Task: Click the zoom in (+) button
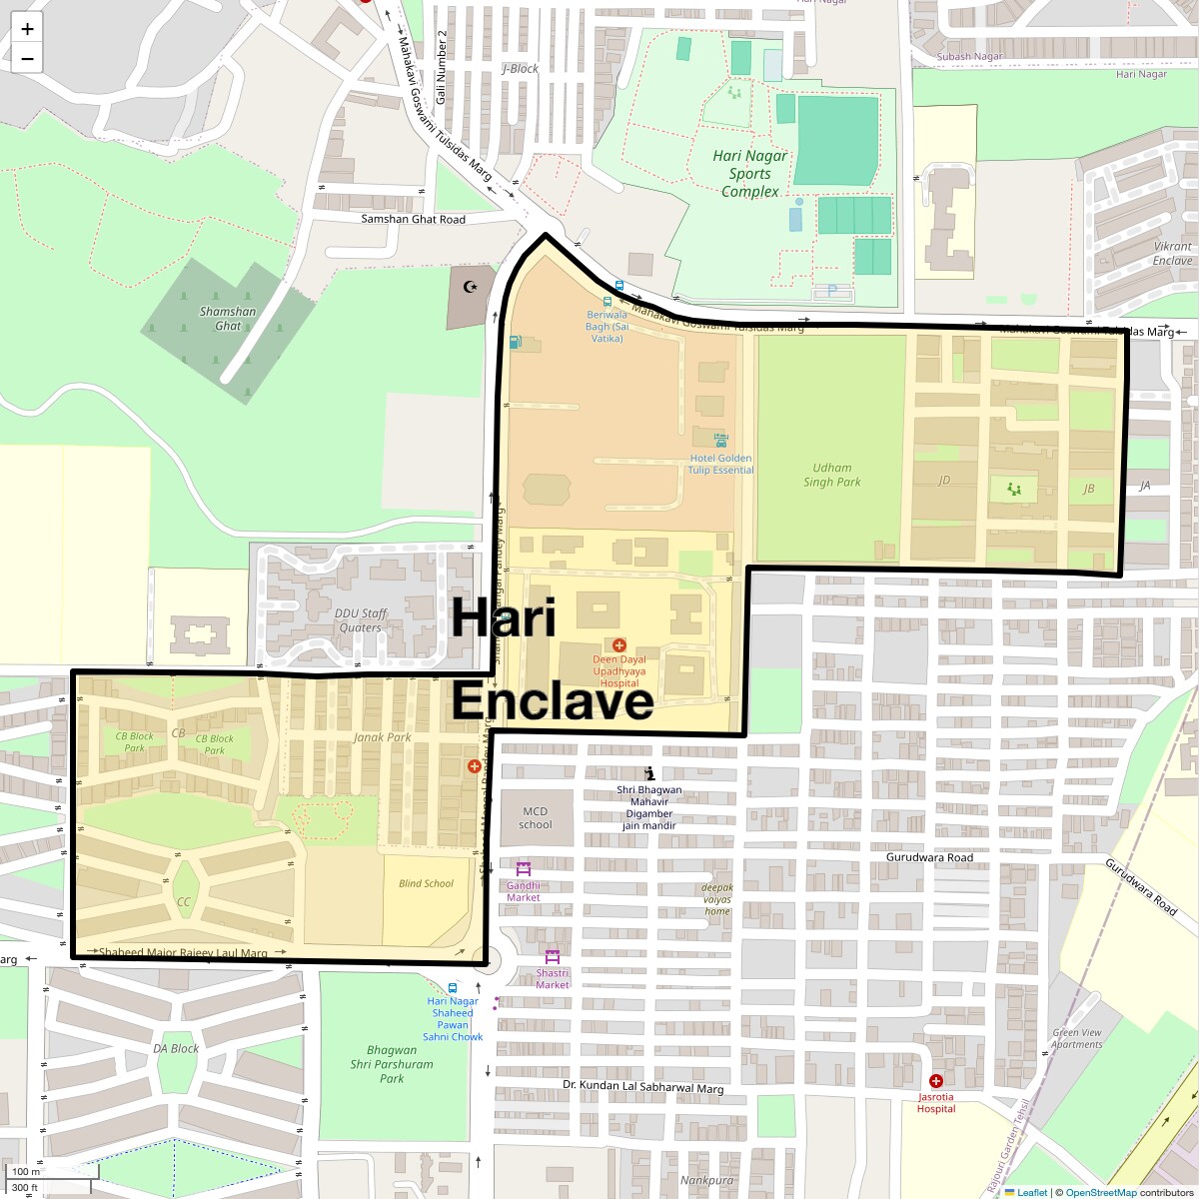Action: point(27,29)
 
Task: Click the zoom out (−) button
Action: point(27,59)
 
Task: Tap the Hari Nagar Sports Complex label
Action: point(750,174)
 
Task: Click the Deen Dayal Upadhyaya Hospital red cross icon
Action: point(619,645)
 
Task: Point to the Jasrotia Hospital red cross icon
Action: point(936,1081)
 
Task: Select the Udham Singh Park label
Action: point(832,475)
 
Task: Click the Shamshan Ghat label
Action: point(228,318)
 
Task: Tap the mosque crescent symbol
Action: point(471,287)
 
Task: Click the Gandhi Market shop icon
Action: point(523,868)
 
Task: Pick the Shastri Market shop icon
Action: point(552,956)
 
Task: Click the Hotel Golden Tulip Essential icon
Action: point(721,440)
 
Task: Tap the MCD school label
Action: point(536,817)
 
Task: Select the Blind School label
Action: point(426,883)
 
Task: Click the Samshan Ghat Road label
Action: point(413,219)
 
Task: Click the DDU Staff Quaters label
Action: point(361,620)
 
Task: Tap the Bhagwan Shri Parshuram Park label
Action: point(392,1064)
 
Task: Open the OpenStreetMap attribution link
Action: point(1100,1192)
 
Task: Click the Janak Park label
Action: point(382,737)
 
